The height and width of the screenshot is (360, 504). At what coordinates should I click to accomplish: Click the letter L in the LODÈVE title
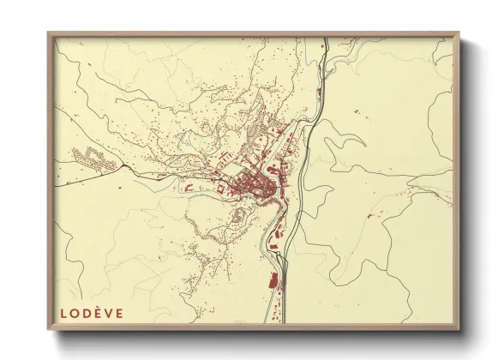(63, 313)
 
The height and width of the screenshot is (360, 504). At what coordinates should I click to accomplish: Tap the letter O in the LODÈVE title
(74, 313)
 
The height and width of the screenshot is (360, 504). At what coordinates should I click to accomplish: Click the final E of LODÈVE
(118, 313)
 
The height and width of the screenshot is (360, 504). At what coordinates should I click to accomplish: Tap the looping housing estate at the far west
(91, 158)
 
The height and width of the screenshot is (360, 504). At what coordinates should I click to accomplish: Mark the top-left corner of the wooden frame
(48, 33)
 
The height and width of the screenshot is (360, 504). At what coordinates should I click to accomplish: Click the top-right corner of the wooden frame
(460, 33)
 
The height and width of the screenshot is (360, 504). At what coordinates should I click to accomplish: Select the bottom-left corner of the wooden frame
(48, 331)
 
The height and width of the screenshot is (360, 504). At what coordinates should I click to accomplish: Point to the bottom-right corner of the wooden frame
(460, 331)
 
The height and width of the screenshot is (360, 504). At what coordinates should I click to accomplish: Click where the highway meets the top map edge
(327, 39)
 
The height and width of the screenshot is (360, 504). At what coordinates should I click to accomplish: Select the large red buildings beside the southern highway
(275, 281)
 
